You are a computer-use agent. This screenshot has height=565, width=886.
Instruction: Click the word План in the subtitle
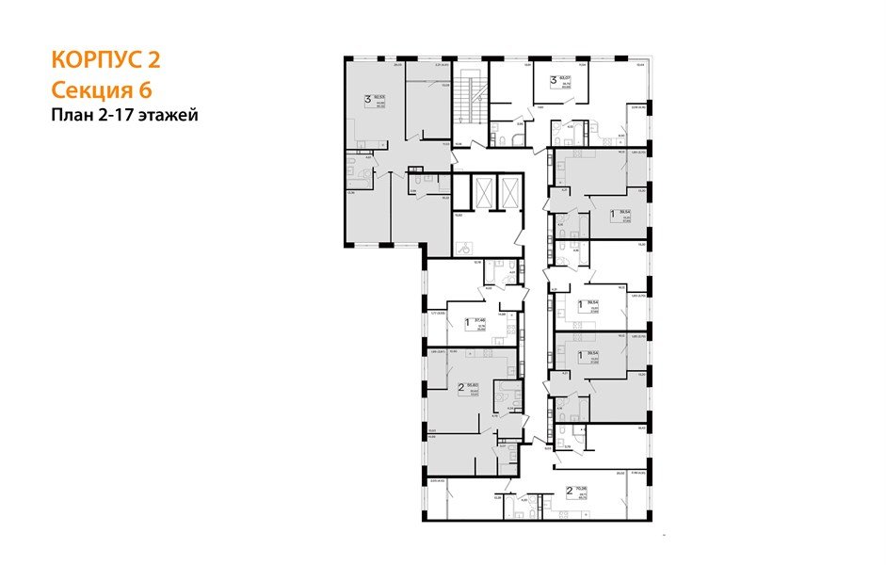pos(71,116)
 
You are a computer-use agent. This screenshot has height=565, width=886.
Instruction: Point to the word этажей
pos(170,116)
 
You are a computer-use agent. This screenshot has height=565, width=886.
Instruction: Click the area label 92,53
pos(381,96)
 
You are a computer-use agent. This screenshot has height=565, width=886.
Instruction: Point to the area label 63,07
pos(567,77)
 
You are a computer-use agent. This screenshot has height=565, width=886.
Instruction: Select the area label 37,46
pos(481,319)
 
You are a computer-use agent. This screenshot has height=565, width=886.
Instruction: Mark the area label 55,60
pos(475,386)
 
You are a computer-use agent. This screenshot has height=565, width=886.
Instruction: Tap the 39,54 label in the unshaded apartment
pos(593,302)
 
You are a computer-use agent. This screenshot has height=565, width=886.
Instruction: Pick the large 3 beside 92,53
pos(367,98)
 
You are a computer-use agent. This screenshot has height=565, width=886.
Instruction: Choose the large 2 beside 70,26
pos(569,490)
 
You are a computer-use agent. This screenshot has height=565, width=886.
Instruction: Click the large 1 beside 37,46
pos(468,321)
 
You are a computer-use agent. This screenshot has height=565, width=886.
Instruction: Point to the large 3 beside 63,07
pos(554,79)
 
